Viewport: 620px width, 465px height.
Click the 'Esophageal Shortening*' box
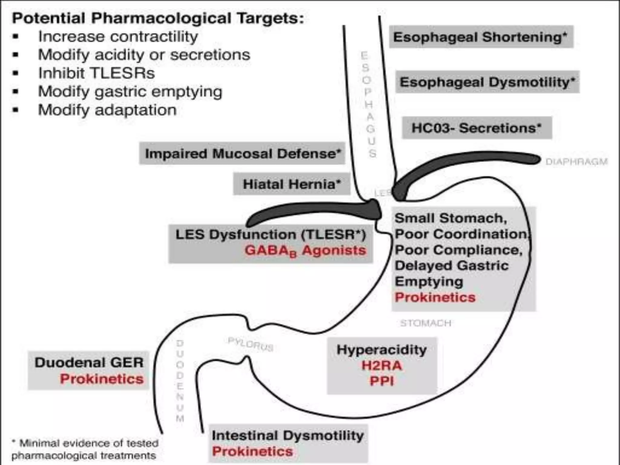click(x=481, y=37)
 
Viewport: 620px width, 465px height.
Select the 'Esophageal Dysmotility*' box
click(x=487, y=82)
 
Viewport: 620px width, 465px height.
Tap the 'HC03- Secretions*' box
click(x=477, y=128)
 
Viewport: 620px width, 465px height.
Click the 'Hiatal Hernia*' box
click(x=292, y=184)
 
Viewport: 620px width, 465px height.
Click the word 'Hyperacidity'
click(x=381, y=350)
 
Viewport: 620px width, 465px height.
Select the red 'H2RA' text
click(x=381, y=366)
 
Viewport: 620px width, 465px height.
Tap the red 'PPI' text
click(x=381, y=381)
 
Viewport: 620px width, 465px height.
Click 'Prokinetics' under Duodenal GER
click(x=101, y=379)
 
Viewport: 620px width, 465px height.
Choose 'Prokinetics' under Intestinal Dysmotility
click(x=252, y=451)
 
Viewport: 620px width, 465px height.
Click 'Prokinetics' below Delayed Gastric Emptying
click(x=435, y=297)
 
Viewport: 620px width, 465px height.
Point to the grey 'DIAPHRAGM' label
click(x=576, y=162)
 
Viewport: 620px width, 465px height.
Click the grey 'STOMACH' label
click(x=426, y=323)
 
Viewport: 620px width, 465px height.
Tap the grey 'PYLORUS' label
click(x=250, y=345)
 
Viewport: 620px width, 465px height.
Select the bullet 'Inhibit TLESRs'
click(x=96, y=73)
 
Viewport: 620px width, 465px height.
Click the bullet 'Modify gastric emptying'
click(x=130, y=92)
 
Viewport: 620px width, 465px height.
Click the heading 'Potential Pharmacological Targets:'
click(x=158, y=18)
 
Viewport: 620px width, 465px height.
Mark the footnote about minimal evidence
click(x=85, y=449)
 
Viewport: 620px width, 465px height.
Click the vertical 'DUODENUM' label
click(x=180, y=381)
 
